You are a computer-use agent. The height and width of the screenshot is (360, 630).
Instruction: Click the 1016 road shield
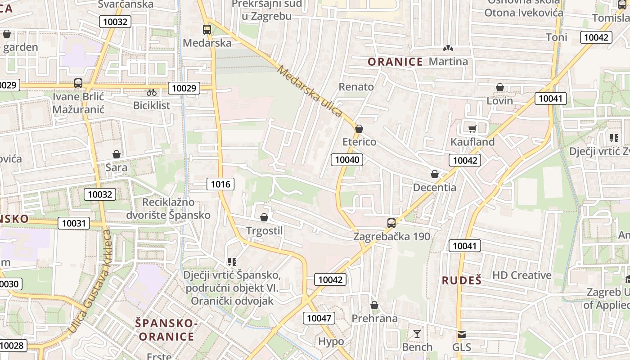coord(220,184)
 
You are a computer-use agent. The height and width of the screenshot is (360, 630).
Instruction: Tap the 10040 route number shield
coord(347,159)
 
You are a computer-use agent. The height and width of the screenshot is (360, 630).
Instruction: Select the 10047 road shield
coord(319,318)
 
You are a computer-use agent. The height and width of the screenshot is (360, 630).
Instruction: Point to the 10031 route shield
coord(74,223)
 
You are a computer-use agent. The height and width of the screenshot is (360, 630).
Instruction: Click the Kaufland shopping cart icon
coord(472,129)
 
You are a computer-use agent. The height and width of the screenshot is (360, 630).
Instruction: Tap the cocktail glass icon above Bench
coord(417,334)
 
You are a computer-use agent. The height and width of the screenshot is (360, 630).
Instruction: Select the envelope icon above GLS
coord(462,334)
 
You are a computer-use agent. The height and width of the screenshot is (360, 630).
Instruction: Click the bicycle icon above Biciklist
coord(152,92)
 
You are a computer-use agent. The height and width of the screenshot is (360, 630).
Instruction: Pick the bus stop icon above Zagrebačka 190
coord(391,223)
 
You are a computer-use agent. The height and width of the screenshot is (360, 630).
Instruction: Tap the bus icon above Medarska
coord(207,30)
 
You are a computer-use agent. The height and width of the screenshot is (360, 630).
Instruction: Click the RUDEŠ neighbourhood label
coord(462,280)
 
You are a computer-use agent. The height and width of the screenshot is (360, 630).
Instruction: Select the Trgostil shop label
coord(265,231)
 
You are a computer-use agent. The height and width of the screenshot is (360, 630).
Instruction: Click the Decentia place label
coord(435,187)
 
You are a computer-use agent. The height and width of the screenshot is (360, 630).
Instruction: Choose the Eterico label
coord(359,142)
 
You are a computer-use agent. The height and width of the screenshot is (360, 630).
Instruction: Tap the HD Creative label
coord(522,275)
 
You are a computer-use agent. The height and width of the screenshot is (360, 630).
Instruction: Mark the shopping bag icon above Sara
coord(117,154)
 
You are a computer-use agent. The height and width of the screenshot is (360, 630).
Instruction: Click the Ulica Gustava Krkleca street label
coord(89,283)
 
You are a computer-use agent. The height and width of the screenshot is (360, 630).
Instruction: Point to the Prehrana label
coord(374,319)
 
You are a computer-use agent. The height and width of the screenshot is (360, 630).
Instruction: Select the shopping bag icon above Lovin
coord(499,87)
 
